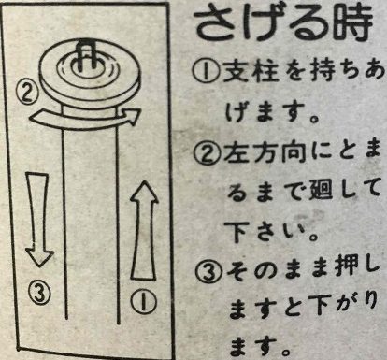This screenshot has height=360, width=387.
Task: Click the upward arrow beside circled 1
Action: [144, 229]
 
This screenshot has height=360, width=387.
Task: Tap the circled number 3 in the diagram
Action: [36, 289]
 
